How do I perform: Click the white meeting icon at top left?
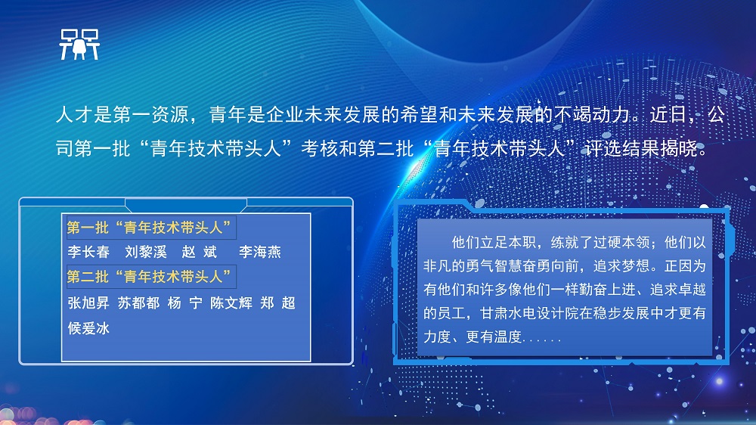click(79, 45)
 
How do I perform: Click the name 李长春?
click(88, 252)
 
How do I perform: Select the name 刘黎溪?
click(146, 252)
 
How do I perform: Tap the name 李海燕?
click(260, 252)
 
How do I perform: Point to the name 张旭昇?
click(88, 303)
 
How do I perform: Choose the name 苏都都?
click(139, 303)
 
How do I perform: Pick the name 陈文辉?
click(231, 303)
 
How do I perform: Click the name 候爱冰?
click(88, 328)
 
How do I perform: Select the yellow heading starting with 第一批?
click(149, 227)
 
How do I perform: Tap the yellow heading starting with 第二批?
click(149, 277)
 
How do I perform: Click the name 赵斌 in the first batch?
click(200, 252)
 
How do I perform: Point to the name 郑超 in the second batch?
click(277, 303)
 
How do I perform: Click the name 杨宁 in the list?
click(185, 303)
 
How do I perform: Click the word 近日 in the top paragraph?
click(669, 115)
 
